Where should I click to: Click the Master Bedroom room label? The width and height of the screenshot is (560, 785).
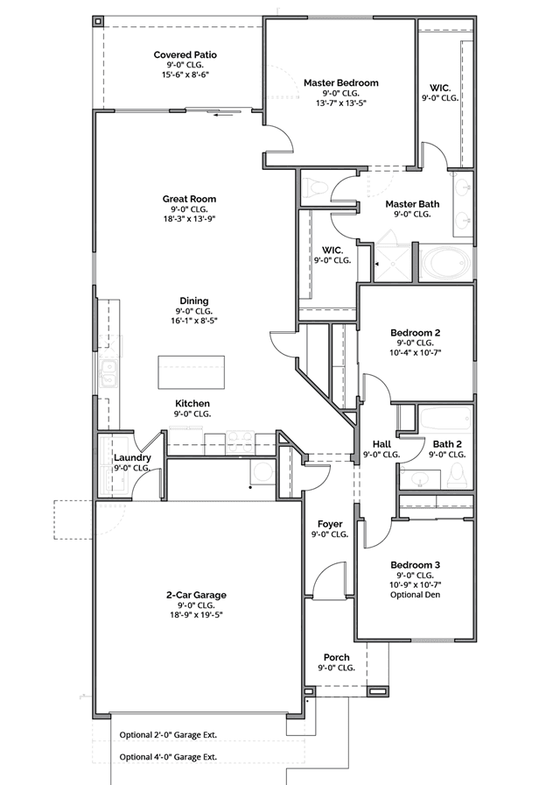(x=340, y=83)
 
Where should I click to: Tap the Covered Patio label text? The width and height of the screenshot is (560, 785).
(x=185, y=55)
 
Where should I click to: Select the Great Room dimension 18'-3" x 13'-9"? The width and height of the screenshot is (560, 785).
(x=189, y=220)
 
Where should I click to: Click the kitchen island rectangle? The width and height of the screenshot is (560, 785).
(x=191, y=371)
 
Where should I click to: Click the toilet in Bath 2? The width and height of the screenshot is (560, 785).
(x=457, y=476)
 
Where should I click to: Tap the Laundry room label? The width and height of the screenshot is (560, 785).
(x=132, y=458)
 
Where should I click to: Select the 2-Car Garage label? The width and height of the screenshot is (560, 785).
(x=196, y=595)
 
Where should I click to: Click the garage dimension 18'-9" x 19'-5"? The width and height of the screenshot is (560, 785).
(x=196, y=616)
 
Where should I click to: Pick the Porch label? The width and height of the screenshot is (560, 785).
(x=337, y=657)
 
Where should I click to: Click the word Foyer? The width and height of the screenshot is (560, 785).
(x=330, y=524)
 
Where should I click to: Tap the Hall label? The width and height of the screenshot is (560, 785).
(x=381, y=444)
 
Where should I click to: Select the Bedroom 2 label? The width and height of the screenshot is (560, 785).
(x=415, y=333)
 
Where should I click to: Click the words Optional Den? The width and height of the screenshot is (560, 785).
(x=415, y=595)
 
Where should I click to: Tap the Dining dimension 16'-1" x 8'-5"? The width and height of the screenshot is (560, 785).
(x=193, y=322)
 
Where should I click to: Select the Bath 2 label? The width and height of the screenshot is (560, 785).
(x=446, y=444)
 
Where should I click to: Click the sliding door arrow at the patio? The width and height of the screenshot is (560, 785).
(x=227, y=112)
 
